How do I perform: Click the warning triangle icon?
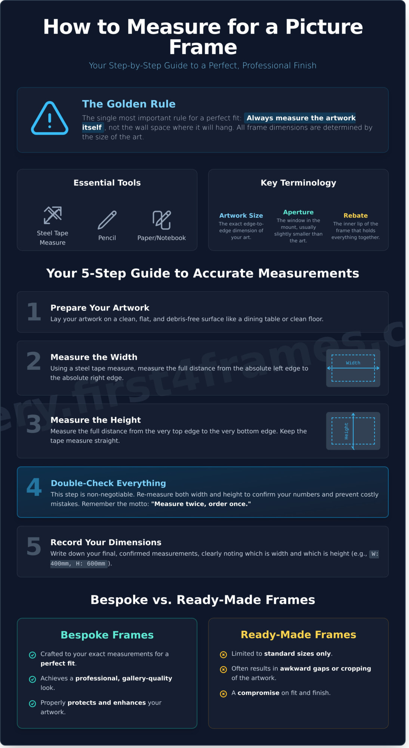50,119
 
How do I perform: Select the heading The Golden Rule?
129,104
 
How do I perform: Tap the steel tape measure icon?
53,215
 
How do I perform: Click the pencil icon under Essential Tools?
107,220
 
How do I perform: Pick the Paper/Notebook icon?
162,220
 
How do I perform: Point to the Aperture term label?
298,212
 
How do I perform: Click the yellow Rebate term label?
355,215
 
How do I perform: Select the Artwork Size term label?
241,215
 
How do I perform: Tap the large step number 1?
34,312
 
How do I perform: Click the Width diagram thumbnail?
353,368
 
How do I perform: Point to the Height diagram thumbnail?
353,431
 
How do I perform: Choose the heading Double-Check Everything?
108,483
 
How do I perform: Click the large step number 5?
34,547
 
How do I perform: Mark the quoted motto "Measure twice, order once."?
201,504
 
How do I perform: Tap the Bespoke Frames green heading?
107,635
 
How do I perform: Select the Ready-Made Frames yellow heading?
298,635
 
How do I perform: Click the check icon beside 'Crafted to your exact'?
33,655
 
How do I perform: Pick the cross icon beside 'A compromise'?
224,694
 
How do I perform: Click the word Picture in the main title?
324,27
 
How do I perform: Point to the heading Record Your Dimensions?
106,542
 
